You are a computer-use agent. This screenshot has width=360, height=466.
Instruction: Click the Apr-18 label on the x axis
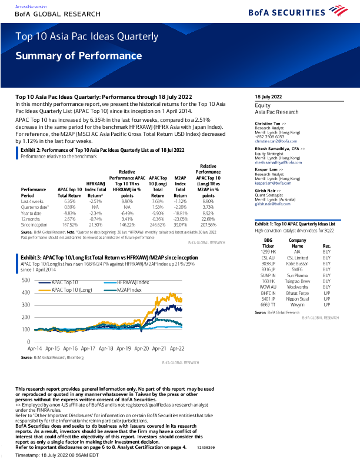pos(106,348)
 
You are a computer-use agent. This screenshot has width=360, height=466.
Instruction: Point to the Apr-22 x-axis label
pos(177,348)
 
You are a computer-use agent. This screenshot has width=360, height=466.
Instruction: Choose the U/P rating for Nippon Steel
pos(326,299)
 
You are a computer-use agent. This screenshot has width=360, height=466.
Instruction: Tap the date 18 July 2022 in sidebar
pos(268,96)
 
